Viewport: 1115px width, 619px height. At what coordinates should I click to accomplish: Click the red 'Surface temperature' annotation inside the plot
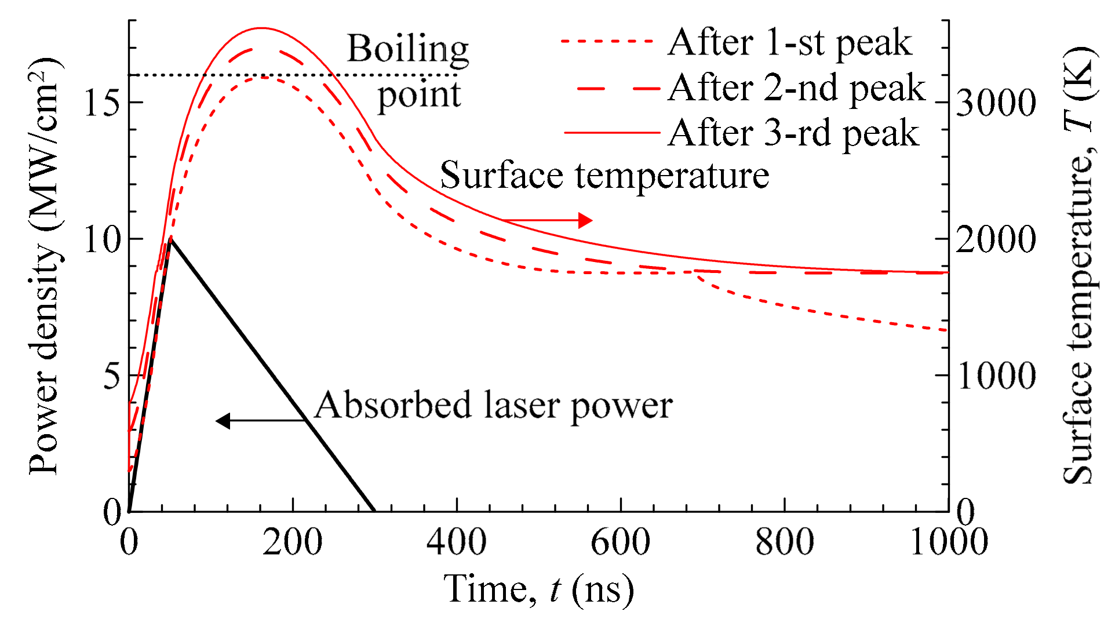pos(604,175)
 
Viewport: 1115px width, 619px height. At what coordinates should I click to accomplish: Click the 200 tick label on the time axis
pos(292,542)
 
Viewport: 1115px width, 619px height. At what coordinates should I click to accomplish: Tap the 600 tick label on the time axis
pos(620,542)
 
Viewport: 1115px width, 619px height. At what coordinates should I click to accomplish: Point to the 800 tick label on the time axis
pos(784,542)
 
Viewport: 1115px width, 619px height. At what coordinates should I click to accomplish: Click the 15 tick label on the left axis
pos(102,103)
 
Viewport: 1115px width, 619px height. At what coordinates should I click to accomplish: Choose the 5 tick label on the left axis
pos(112,376)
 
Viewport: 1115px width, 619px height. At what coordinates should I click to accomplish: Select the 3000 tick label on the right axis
pos(996,103)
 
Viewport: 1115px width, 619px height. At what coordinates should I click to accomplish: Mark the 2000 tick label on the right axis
pos(996,239)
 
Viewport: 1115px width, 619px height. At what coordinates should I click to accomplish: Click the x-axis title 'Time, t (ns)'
pos(539,590)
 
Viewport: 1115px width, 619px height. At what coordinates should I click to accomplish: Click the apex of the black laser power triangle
pos(170,238)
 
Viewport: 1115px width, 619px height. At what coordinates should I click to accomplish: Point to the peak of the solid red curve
pos(261,28)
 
